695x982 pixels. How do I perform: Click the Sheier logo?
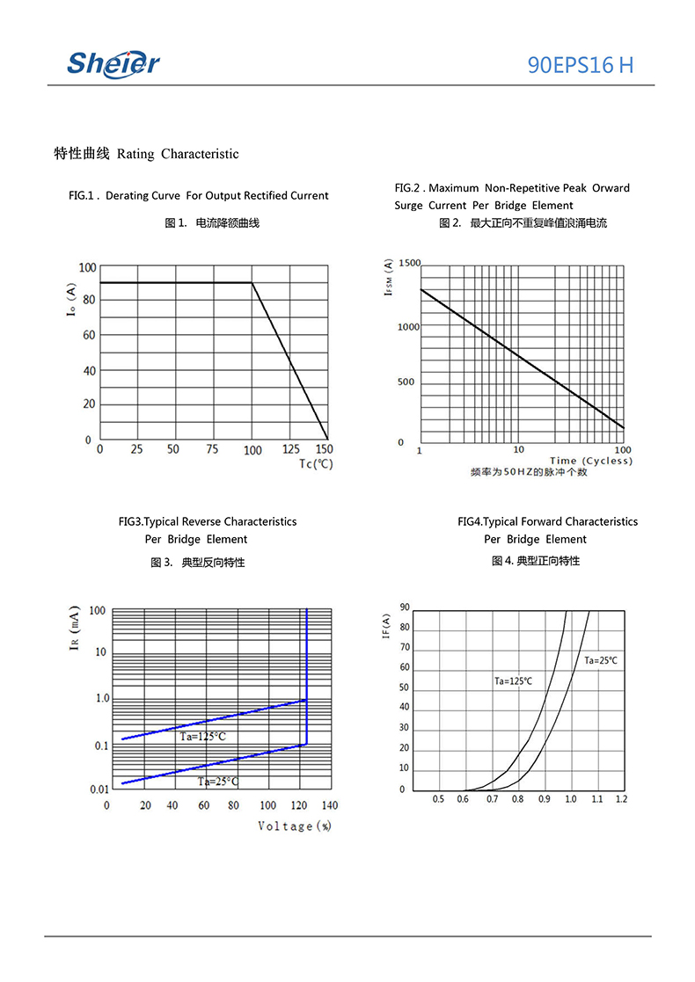113,62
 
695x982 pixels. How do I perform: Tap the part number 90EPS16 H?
580,64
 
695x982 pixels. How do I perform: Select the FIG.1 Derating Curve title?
198,195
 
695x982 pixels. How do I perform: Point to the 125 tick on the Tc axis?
290,450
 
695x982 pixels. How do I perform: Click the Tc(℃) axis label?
316,463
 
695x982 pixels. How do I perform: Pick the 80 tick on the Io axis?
88,300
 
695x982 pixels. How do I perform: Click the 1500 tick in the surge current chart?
409,263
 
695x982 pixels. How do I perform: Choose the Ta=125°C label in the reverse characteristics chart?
202,737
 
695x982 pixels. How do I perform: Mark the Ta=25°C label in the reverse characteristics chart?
218,781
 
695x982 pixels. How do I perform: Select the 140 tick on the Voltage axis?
329,805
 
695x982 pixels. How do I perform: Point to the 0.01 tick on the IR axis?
99,789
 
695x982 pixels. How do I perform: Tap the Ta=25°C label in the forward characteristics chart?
601,660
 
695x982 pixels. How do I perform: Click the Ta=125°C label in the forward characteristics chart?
512,680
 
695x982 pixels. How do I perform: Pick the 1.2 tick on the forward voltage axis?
621,799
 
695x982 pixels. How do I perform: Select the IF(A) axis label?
386,628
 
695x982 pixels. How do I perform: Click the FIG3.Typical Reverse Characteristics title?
208,521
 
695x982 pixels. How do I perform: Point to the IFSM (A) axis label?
388,277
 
